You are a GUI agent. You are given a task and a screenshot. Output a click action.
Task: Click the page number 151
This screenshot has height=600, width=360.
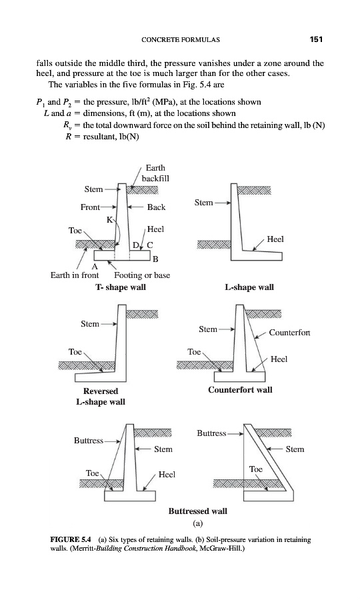[317, 39]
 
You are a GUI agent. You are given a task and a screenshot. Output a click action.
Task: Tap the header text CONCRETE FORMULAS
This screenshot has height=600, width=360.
[181, 39]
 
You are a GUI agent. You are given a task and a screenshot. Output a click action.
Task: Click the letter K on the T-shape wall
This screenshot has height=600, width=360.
[110, 219]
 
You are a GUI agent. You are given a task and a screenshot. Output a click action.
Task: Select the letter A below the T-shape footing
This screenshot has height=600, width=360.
[95, 266]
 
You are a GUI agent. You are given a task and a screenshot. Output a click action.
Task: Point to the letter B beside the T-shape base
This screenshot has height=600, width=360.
[155, 259]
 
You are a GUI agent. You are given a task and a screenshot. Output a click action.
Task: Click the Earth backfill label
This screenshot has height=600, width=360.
[155, 173]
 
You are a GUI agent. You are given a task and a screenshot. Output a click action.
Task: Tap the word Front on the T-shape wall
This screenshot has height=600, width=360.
[90, 207]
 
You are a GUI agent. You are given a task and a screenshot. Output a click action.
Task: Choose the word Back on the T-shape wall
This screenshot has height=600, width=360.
[157, 207]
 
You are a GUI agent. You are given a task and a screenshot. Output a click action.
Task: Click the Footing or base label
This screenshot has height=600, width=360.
[142, 275]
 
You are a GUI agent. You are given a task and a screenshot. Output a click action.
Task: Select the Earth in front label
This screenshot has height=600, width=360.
[75, 275]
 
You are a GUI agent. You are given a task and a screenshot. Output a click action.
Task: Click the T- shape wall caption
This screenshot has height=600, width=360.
[121, 287]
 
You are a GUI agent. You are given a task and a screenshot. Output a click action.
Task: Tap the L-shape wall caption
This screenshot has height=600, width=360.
[249, 287]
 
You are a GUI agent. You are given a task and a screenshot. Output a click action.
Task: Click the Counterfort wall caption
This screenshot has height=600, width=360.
[240, 390]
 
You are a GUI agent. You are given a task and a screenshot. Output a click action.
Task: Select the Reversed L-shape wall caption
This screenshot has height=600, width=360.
[101, 397]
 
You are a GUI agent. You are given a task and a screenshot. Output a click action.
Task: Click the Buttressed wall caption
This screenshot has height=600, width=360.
[198, 511]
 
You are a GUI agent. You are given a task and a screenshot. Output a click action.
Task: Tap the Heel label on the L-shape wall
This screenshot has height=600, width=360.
[275, 239]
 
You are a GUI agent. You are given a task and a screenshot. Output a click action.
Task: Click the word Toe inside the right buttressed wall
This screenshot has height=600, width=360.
[256, 469]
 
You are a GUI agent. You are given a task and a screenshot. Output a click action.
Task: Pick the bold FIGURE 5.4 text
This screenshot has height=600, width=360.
[71, 540]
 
